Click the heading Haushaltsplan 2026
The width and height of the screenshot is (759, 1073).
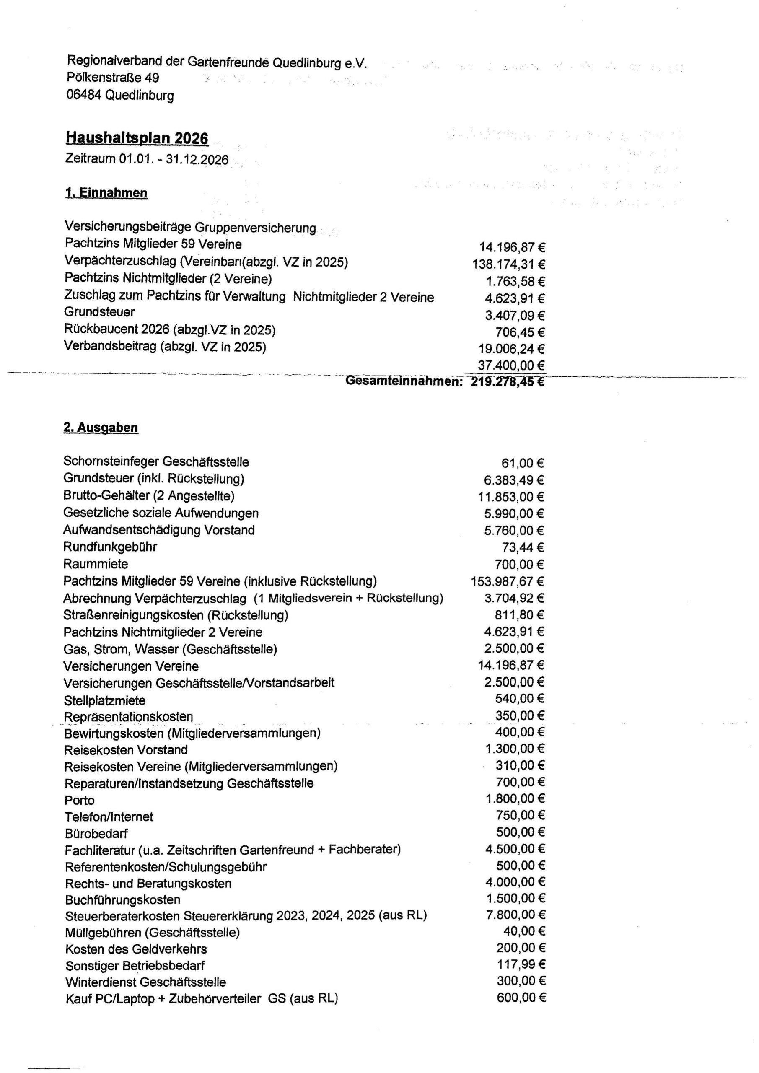point(137,138)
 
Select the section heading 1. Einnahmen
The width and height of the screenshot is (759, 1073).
point(106,192)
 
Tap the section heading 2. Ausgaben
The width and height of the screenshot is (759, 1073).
point(101,427)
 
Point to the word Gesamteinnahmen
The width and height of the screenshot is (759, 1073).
point(404,381)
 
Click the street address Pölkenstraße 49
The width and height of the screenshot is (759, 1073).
point(113,78)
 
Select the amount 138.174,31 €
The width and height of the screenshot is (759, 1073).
point(509,264)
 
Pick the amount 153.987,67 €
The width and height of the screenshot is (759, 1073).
point(508,581)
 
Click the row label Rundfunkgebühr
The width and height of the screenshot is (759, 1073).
point(110,547)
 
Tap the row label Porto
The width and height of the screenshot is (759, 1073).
point(80,801)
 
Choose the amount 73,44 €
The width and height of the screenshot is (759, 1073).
point(523,547)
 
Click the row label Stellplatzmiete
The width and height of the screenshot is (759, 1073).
point(104,700)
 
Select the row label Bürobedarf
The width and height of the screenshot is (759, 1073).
point(96,834)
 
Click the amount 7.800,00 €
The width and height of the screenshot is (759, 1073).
point(515,914)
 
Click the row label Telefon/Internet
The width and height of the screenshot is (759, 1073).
point(109,817)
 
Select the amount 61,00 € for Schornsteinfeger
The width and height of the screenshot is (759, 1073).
point(523,463)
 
